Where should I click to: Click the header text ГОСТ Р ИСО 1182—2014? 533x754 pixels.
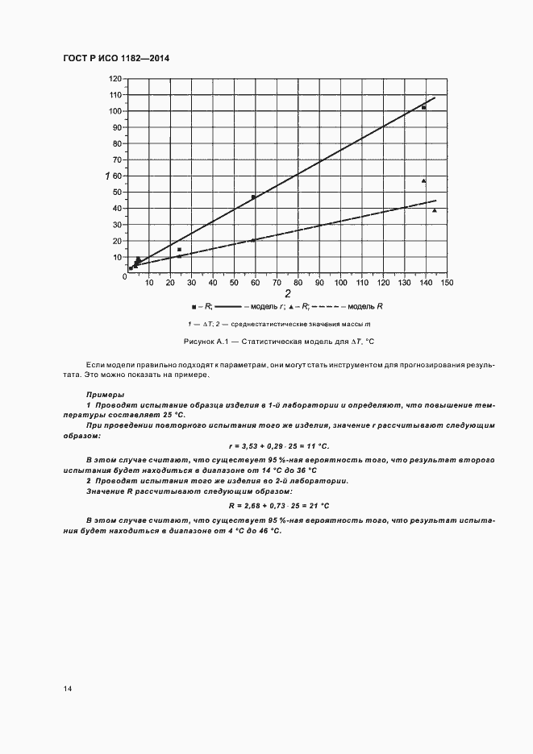[115, 59]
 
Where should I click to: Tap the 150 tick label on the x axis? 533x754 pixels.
[446, 283]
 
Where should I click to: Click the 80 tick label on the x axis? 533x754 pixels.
[298, 283]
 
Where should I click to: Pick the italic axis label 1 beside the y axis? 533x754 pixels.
[106, 176]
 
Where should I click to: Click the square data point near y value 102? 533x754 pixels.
[423, 107]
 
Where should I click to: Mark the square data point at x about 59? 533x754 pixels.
[253, 197]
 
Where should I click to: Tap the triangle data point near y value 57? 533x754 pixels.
[423, 180]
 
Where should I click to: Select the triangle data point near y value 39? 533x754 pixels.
[435, 210]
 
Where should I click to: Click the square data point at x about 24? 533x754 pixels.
[179, 249]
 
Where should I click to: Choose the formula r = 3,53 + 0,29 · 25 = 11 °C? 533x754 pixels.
[279, 445]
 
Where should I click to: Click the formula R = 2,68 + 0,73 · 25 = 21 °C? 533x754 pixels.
[279, 506]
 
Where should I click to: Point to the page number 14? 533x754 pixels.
[67, 689]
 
